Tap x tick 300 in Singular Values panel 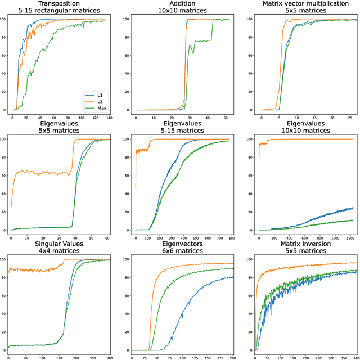coord(110,358)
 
